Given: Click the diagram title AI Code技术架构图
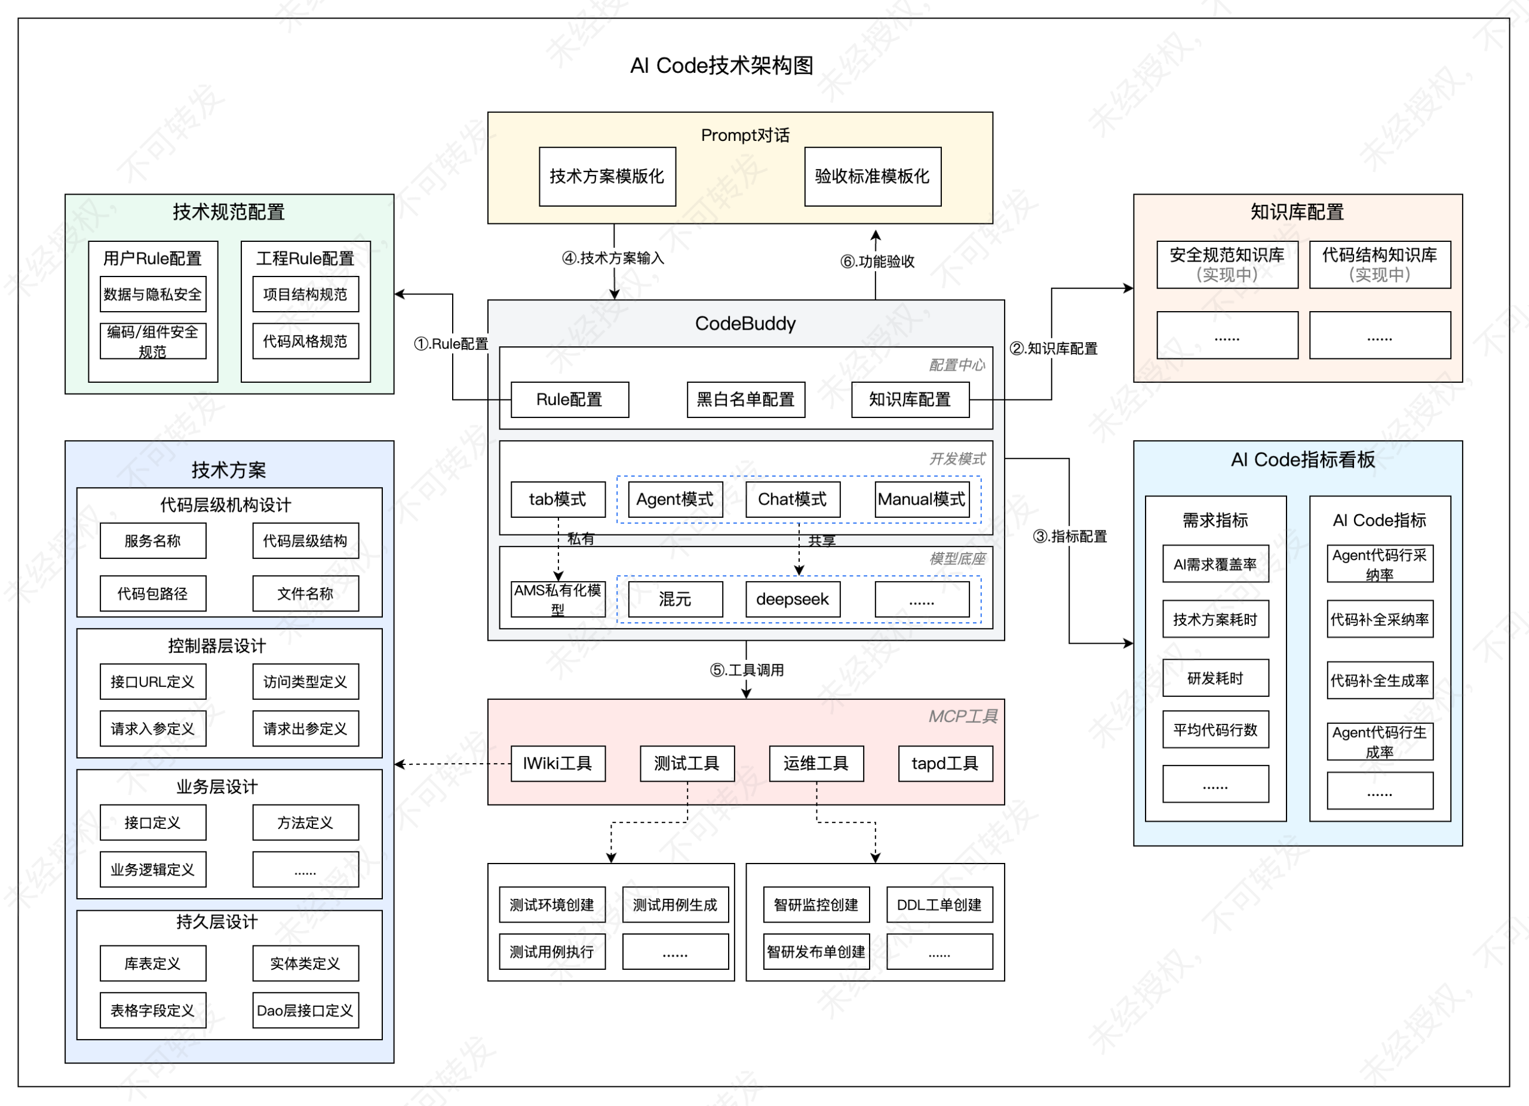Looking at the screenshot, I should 721,65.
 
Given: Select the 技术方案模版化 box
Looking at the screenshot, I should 607,177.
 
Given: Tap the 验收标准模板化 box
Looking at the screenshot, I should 873,177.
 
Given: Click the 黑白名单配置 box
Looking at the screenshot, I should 745,400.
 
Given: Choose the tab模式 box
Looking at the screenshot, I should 557,499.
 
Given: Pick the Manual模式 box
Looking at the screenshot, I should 922,499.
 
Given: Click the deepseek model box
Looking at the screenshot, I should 792,599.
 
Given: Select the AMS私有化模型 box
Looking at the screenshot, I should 557,599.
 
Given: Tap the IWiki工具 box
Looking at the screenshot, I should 557,764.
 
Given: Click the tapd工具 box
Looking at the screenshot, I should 945,764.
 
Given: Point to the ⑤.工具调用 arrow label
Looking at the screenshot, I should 747,670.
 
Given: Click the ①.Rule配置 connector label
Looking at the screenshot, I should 451,344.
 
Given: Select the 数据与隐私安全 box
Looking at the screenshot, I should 153,294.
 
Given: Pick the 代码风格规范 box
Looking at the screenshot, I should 305,341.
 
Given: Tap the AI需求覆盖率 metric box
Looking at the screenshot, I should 1215,564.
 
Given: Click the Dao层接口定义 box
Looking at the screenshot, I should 305,1010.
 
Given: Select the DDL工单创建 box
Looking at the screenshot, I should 939,905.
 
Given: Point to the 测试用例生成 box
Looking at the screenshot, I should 675,905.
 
